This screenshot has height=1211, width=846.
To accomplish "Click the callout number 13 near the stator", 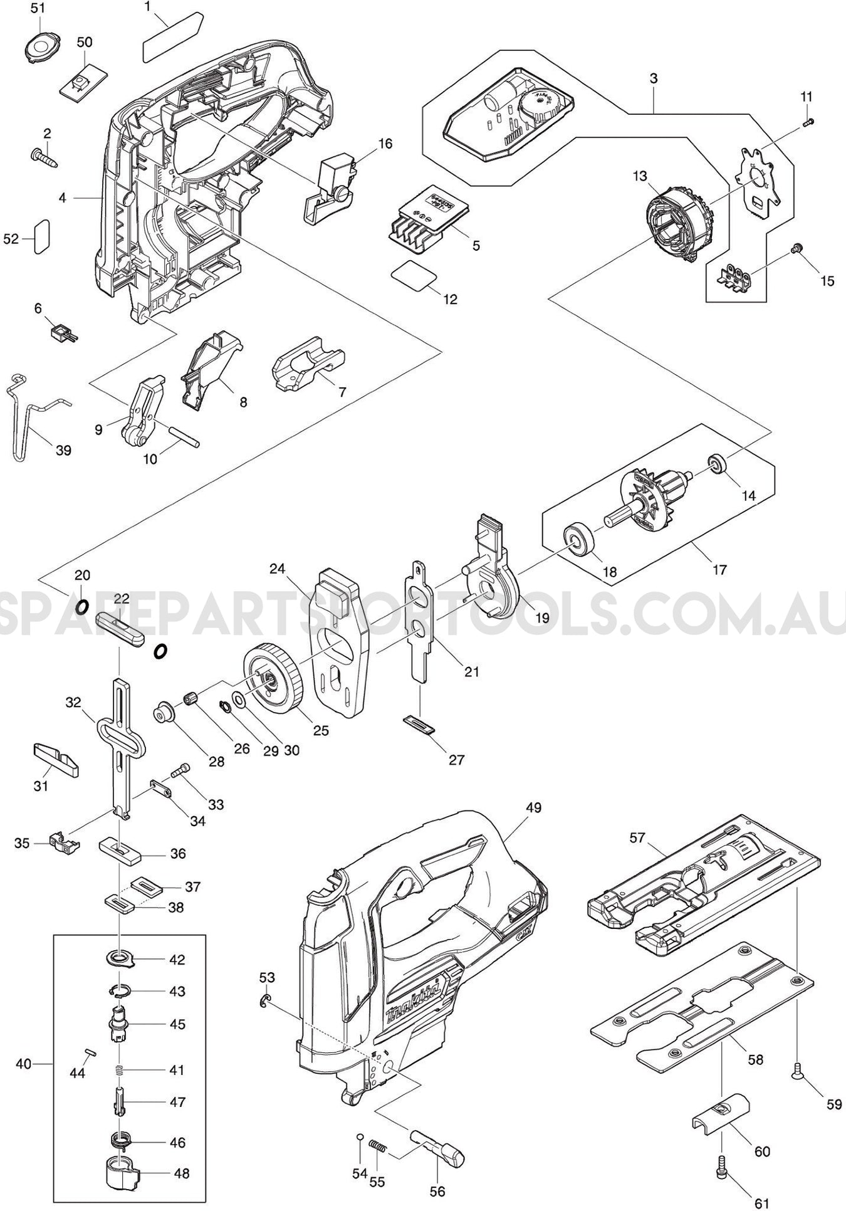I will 639,176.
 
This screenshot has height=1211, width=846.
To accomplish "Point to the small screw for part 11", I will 808,122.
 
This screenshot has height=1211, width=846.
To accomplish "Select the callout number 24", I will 278,569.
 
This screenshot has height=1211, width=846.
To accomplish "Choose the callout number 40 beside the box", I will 23,1064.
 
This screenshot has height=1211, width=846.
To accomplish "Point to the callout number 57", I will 637,837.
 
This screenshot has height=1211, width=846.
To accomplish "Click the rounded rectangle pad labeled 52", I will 41,236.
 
